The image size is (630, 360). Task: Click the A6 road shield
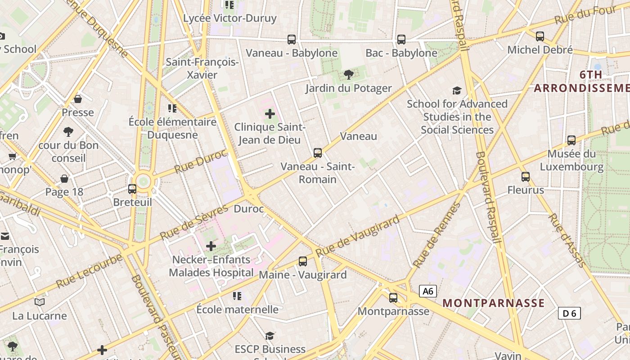(428, 291)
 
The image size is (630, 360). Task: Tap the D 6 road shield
(569, 313)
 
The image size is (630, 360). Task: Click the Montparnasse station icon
(393, 297)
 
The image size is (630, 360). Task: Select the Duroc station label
(248, 209)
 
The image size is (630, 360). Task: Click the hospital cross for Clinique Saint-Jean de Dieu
(270, 114)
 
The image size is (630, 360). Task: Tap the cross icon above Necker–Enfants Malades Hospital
(211, 246)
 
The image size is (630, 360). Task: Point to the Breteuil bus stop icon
(132, 189)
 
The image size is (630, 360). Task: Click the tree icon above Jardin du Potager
(348, 74)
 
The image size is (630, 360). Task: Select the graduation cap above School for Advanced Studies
(457, 90)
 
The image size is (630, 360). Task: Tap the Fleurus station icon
(525, 176)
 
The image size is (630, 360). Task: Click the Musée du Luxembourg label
(571, 160)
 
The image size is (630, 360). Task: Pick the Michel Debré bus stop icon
(540, 36)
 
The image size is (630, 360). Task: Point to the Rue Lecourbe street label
(89, 271)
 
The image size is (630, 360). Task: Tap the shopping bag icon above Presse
(78, 99)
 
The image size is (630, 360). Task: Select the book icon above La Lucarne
(40, 302)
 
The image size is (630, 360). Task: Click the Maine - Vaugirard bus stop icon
(303, 261)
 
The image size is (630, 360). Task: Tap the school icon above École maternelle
(237, 296)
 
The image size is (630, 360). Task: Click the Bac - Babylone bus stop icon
(401, 40)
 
